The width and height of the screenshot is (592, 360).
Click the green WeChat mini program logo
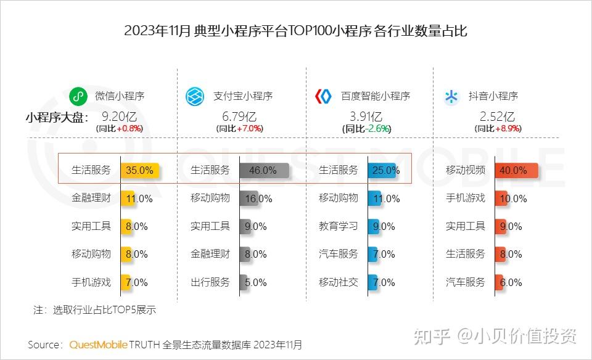pyautogui.click(x=77, y=96)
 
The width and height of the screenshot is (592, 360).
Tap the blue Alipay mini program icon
pyautogui.click(x=195, y=96)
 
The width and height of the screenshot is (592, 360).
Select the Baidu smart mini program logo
pyautogui.click(x=323, y=96)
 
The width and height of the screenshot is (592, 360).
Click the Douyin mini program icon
pyautogui.click(x=452, y=96)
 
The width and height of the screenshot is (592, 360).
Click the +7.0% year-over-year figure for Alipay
pyautogui.click(x=250, y=129)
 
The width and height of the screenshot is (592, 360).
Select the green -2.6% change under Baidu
pyautogui.click(x=378, y=129)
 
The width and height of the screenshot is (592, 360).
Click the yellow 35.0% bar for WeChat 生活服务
pyautogui.click(x=140, y=170)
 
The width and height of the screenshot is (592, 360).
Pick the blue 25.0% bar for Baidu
pyautogui.click(x=382, y=170)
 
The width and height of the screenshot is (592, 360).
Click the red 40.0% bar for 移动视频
pyautogui.click(x=516, y=170)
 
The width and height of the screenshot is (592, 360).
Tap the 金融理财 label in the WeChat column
pyautogui.click(x=91, y=198)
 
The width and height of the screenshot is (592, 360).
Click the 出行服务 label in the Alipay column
pyautogui.click(x=210, y=282)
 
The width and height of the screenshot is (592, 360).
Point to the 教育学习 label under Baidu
pyautogui.click(x=338, y=226)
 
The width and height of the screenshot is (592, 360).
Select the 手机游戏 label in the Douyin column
pyautogui.click(x=466, y=198)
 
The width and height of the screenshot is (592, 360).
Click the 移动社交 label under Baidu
pyautogui.click(x=338, y=282)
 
